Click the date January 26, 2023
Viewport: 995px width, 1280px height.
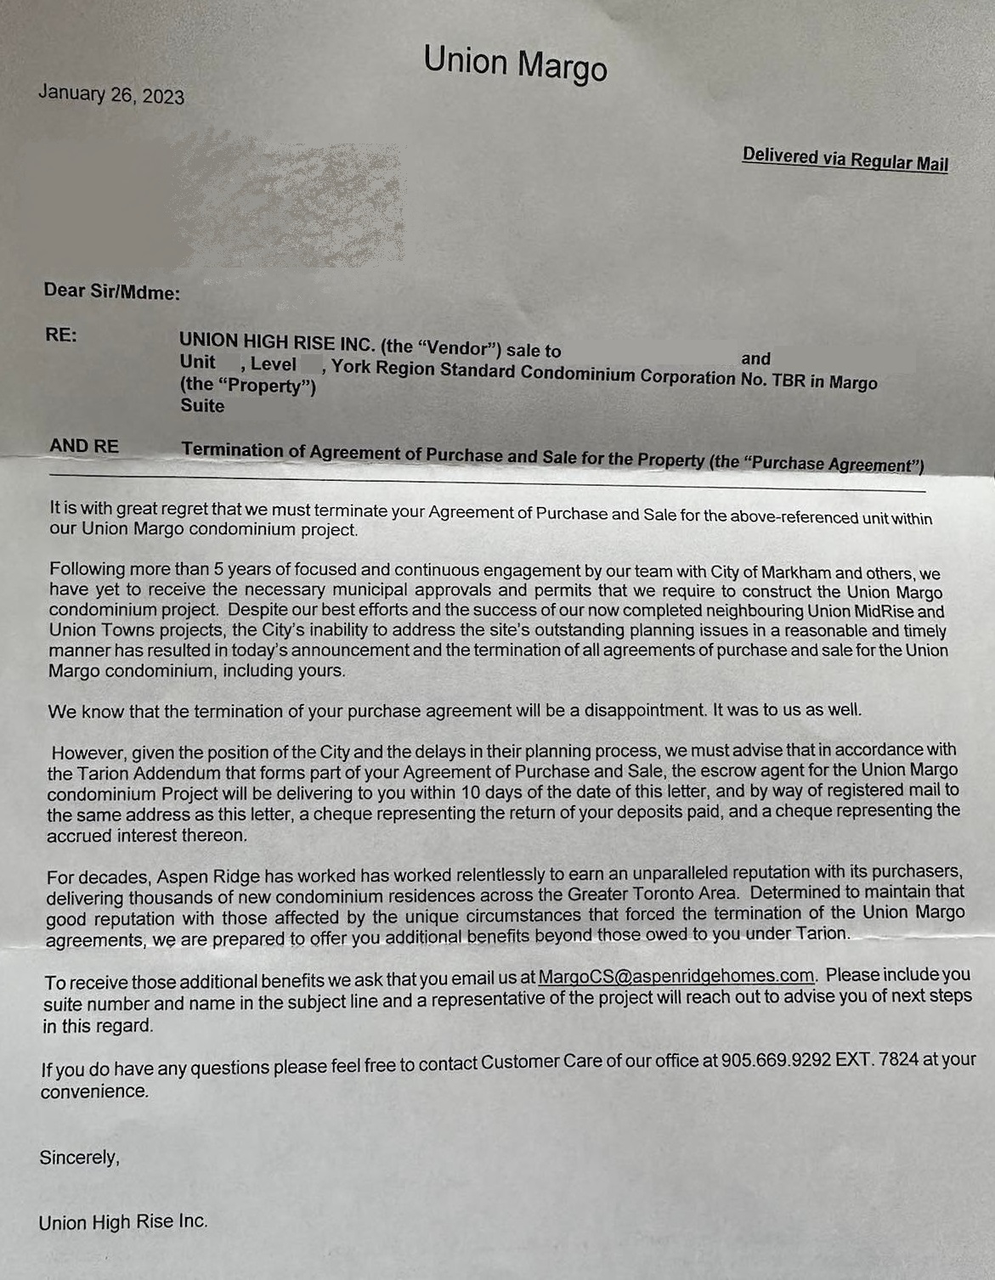110,94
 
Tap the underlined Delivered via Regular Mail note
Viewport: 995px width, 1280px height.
845,159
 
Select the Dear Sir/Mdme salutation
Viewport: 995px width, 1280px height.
111,291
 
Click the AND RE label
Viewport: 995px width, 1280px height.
83,446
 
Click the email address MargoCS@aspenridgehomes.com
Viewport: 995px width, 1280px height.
676,976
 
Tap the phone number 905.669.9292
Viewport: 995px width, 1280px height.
775,1061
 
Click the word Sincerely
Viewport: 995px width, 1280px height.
79,1158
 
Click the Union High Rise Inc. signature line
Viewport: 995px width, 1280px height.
122,1222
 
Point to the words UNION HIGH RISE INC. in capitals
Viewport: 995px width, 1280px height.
276,342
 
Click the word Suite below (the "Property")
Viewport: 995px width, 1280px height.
202,406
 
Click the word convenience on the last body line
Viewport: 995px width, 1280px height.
93,1091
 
